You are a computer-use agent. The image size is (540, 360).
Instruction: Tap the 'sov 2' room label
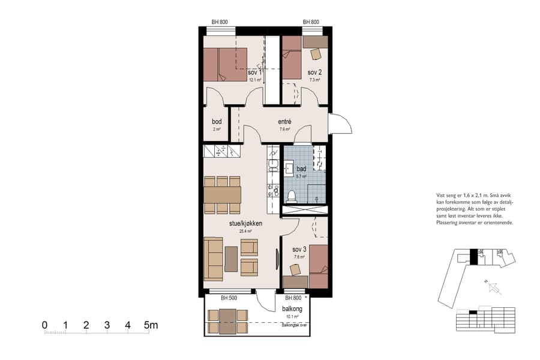pyautogui.click(x=315, y=72)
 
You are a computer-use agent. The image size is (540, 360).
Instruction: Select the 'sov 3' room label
pyautogui.click(x=299, y=249)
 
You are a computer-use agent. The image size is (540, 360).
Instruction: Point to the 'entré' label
pyautogui.click(x=284, y=121)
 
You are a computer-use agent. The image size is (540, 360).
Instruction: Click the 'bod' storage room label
pyautogui.click(x=217, y=121)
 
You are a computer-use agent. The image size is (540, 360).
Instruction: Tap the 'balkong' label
pyautogui.click(x=292, y=308)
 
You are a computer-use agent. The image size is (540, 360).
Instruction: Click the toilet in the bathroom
pyautogui.click(x=291, y=196)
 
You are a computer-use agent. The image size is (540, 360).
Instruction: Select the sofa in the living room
pyautogui.click(x=213, y=259)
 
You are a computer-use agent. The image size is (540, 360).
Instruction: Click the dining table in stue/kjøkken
pyautogui.click(x=222, y=195)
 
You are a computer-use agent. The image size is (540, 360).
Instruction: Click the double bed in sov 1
pyautogui.click(x=225, y=65)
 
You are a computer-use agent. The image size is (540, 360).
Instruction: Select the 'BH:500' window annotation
pyautogui.click(x=229, y=298)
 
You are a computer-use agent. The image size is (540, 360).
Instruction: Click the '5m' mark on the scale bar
pyautogui.click(x=150, y=326)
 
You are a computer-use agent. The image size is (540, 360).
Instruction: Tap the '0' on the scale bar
pyautogui.click(x=45, y=326)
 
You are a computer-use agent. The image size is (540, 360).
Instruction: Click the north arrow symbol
pyautogui.click(x=496, y=289)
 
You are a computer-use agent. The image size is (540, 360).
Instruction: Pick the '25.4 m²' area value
pyautogui.click(x=245, y=230)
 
